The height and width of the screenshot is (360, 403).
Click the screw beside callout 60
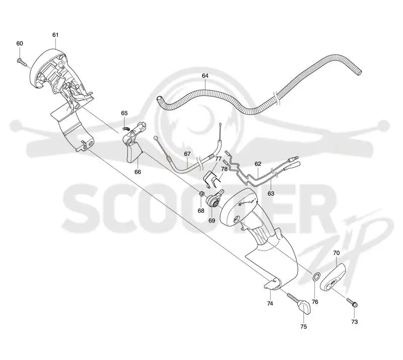click(22, 62)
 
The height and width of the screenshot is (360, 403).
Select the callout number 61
click(55, 35)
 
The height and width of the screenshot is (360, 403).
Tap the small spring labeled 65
click(125, 128)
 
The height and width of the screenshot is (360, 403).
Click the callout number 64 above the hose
click(205, 76)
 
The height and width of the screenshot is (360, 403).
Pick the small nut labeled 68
click(202, 194)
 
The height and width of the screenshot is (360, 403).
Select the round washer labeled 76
click(316, 277)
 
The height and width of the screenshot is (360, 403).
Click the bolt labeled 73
click(352, 303)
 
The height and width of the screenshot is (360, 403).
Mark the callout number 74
click(270, 304)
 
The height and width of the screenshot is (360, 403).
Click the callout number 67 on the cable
click(187, 154)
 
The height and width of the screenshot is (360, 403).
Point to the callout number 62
click(258, 164)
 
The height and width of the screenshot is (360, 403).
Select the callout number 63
click(271, 194)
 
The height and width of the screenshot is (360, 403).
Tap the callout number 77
click(218, 158)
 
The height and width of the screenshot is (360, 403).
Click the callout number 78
click(224, 169)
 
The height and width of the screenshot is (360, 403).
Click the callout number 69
click(212, 220)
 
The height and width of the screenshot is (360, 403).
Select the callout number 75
click(304, 327)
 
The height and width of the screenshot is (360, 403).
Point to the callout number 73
click(355, 322)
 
